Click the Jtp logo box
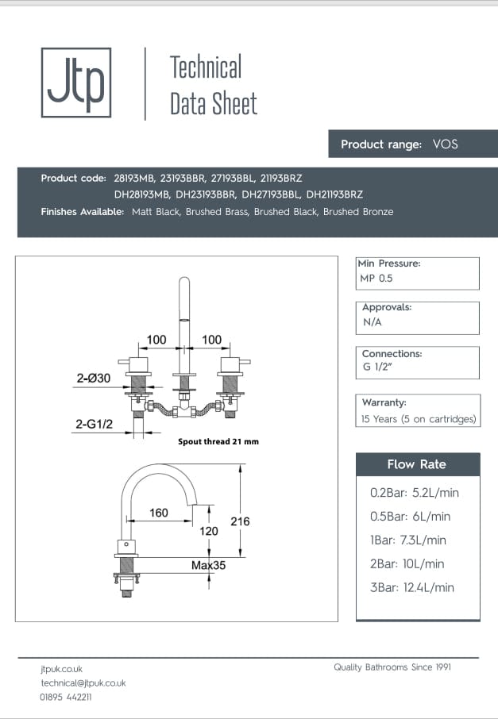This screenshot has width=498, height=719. click(x=75, y=83)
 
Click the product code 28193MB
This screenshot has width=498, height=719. click(x=135, y=178)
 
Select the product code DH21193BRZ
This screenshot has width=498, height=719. click(x=334, y=194)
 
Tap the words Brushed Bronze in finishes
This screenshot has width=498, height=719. click(x=358, y=212)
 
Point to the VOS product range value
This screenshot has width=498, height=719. click(x=445, y=144)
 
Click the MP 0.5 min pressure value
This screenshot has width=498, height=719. click(x=376, y=279)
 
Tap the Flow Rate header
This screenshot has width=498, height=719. click(x=417, y=464)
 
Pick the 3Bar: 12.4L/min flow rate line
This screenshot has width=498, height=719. click(x=412, y=587)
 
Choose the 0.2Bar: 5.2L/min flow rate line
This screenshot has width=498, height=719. click(x=415, y=493)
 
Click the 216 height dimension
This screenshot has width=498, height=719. click(x=240, y=521)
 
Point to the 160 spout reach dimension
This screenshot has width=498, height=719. click(x=159, y=513)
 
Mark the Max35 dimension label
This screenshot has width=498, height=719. click(x=208, y=566)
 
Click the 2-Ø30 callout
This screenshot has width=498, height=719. click(x=92, y=380)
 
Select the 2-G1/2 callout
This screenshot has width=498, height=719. click(x=95, y=425)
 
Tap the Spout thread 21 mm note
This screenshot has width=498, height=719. click(x=218, y=441)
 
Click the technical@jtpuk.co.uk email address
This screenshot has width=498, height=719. click(x=83, y=682)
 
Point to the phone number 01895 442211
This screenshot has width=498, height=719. click(x=66, y=697)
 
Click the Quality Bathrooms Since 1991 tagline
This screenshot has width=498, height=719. click(x=392, y=667)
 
